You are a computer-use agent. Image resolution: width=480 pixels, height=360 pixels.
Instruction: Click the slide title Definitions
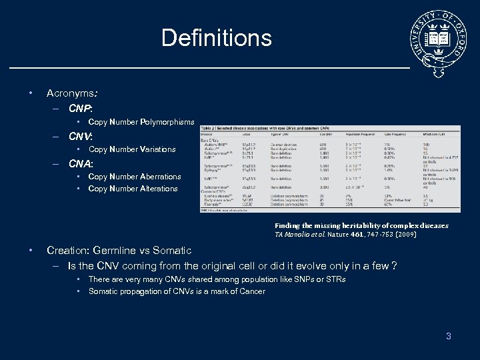tap(216, 37)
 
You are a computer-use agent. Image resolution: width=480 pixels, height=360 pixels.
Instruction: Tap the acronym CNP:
tap(81, 107)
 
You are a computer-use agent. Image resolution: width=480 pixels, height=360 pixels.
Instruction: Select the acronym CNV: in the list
tap(81, 135)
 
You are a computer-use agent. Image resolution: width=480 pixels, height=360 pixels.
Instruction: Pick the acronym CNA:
tap(81, 163)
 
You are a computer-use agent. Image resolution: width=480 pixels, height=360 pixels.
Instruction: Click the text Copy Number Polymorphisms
tap(141, 122)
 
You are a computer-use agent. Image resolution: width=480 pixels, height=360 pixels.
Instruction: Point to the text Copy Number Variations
tap(132, 149)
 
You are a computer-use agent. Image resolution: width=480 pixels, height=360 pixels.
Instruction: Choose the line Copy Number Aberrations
tap(135, 177)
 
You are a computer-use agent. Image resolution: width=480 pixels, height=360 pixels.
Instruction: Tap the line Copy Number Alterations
tap(133, 189)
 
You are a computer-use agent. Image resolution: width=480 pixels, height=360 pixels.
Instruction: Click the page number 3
tap(449, 336)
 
